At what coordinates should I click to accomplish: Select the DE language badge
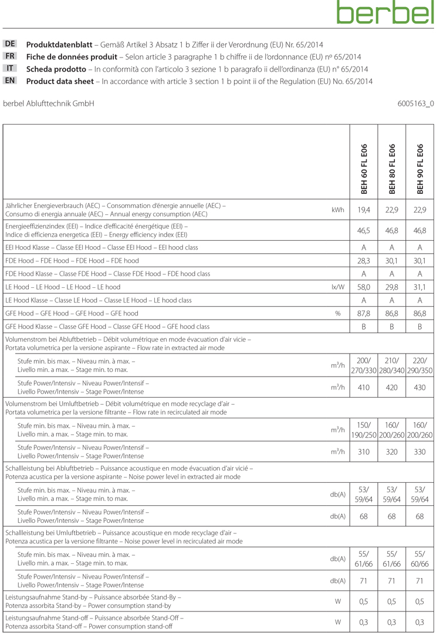coord(11,45)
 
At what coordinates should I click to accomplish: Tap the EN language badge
coord(11,81)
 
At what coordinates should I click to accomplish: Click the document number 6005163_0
coord(415,103)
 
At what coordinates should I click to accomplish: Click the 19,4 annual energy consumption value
coord(364,210)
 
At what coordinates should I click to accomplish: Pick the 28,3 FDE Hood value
coord(364,261)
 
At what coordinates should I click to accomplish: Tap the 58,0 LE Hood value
coord(364,287)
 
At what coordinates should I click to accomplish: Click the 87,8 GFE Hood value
coord(364,314)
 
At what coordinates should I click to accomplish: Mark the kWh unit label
coord(337,210)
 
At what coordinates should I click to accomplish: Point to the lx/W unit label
coord(337,287)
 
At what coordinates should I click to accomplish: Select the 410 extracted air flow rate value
coord(364,387)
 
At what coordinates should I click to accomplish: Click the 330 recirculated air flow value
coord(420,452)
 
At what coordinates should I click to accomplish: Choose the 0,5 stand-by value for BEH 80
coord(392,601)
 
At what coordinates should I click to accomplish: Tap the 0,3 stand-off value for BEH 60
coord(364,622)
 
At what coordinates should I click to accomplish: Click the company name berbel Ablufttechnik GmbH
coord(49,103)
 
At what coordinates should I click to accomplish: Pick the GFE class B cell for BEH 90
coord(420,327)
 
